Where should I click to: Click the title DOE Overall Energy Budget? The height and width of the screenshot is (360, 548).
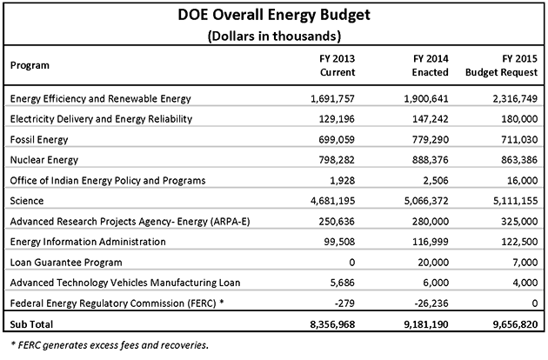tap(274, 16)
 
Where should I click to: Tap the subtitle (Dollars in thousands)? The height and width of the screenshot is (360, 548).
tap(274, 36)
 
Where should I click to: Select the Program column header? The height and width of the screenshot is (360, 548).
tap(30, 65)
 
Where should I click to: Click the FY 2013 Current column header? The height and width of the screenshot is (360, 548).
tap(337, 65)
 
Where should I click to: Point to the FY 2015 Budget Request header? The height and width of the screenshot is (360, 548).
tap(501, 65)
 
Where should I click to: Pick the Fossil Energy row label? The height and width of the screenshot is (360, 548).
tap(39, 140)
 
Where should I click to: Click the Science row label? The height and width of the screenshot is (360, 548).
tap(27, 201)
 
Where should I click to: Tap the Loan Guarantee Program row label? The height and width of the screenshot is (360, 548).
tap(66, 263)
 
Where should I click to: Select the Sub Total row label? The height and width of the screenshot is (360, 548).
tap(31, 324)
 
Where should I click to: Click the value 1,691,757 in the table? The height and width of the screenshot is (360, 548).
tap(332, 99)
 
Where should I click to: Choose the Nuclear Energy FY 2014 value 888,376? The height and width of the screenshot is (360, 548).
tap(431, 160)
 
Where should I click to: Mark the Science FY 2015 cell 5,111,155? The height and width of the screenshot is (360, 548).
tap(516, 201)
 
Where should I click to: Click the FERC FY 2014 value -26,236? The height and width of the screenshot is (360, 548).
tap(431, 303)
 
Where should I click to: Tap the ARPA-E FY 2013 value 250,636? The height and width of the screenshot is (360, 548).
tap(337, 222)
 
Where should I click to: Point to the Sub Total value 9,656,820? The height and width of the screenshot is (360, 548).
tap(516, 324)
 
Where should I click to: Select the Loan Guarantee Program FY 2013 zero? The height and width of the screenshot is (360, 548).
tap(352, 263)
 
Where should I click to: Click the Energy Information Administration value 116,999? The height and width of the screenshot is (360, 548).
tap(431, 242)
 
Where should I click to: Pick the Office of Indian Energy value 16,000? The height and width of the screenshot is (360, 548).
tap(523, 181)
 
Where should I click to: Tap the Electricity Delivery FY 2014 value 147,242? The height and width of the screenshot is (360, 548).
tap(431, 119)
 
